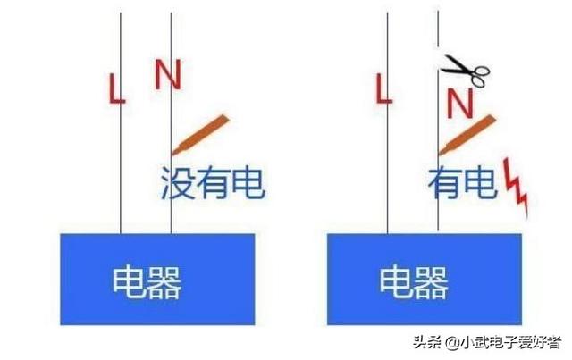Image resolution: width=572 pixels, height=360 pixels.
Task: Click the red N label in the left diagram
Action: [x=166, y=75]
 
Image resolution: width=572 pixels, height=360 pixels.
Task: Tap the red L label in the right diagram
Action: [x=384, y=88]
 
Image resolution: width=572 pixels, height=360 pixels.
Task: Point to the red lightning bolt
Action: [x=517, y=186]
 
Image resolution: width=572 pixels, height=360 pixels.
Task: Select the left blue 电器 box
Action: [x=157, y=279]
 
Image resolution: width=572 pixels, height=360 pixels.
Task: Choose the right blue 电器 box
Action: [x=425, y=279]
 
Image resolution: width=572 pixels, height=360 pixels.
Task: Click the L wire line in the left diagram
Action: [x=121, y=161]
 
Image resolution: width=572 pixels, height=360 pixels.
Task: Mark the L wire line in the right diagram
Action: [x=388, y=161]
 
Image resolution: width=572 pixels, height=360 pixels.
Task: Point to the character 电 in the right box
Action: [x=396, y=283]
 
